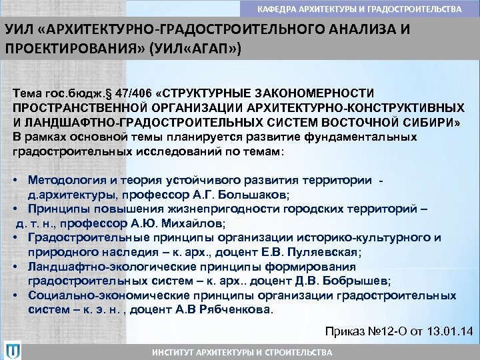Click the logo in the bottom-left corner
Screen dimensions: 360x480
(13, 349)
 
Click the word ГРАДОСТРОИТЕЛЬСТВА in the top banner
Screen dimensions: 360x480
(419, 9)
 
